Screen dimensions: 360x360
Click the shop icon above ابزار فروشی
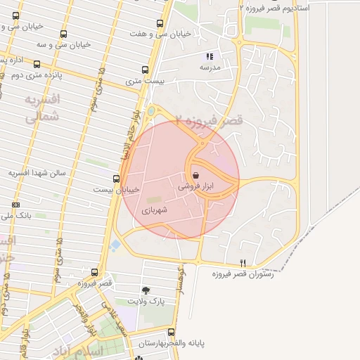click(195, 176)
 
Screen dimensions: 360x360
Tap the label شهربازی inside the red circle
click(155, 210)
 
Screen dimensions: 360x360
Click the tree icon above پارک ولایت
click(146, 290)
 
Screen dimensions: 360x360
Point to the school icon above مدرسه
click(209, 56)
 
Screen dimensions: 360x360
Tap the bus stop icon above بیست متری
click(146, 70)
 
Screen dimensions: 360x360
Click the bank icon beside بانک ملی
click(15, 205)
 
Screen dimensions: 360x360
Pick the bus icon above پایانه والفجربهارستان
click(171, 332)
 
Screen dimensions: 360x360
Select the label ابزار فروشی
click(195, 187)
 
